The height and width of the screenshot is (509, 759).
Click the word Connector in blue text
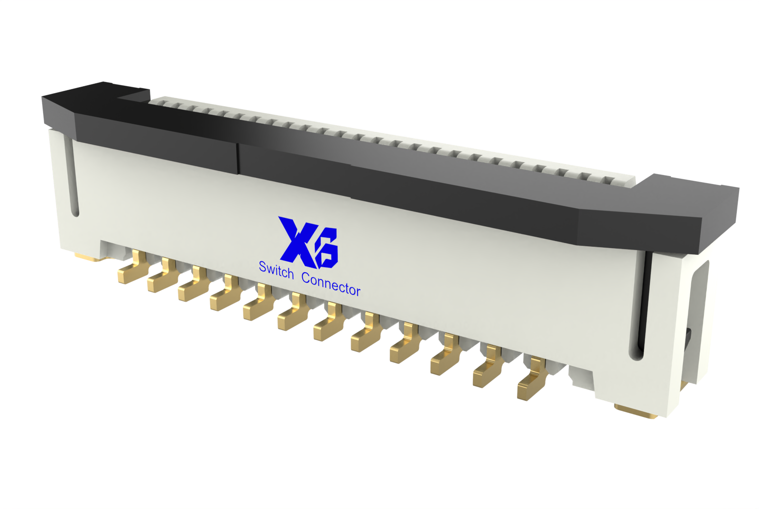click(331, 285)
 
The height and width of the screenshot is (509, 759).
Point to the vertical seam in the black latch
click(238, 159)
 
